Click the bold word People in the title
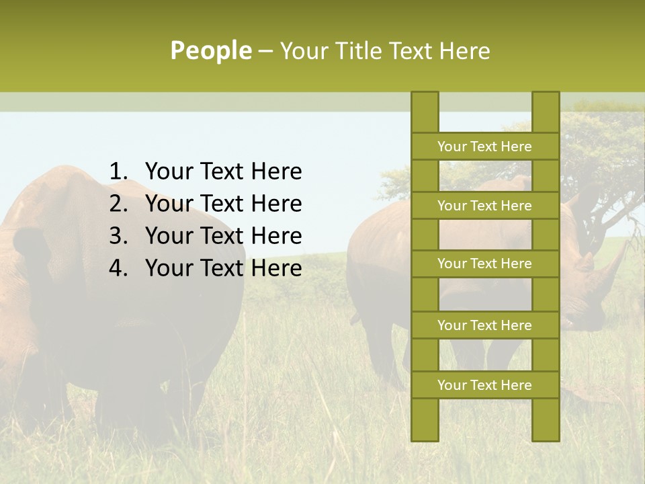coord(210,51)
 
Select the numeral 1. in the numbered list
coord(118,172)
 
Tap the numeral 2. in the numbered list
coord(118,204)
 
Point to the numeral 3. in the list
coord(118,236)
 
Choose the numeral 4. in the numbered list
coord(118,268)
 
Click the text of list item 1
coord(223,172)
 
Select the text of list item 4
coord(223,268)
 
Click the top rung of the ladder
coord(484,147)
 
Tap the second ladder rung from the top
coord(484,206)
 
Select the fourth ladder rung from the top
coord(484,325)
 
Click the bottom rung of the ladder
coord(484,385)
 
